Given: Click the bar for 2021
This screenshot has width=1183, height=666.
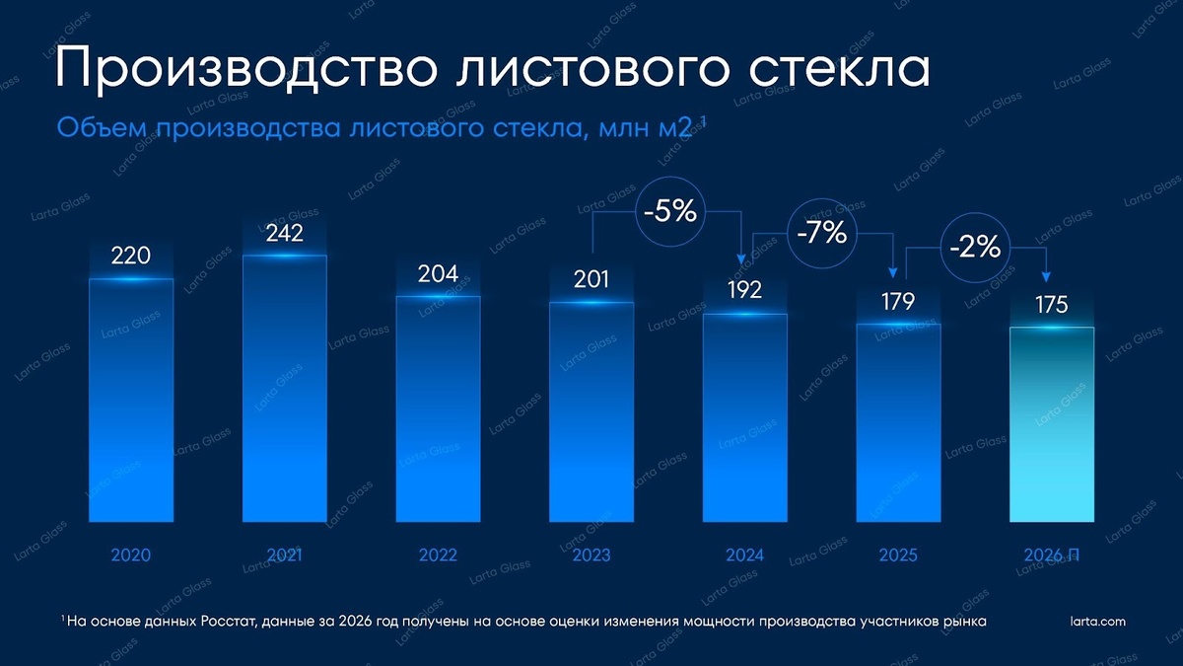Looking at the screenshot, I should click(284, 389).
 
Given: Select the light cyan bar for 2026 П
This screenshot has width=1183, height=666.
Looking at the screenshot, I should click(1052, 424).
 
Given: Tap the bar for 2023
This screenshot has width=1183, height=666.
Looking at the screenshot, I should click(591, 411).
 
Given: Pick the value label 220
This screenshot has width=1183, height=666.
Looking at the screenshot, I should click(131, 256).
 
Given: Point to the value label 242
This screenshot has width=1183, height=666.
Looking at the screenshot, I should click(284, 234).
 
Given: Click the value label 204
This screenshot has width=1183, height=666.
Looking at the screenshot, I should click(438, 274).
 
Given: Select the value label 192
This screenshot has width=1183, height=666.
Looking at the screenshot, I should click(744, 291).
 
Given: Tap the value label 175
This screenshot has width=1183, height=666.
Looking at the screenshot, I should click(1052, 305).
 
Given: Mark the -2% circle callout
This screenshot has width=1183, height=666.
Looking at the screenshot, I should click(975, 249).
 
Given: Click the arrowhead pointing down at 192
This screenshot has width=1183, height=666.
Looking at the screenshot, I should click(740, 260).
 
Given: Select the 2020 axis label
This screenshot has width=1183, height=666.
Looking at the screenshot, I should click(131, 555).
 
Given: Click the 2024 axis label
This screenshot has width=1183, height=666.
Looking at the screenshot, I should click(744, 555).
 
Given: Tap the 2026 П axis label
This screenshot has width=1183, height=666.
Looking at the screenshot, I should click(1052, 555).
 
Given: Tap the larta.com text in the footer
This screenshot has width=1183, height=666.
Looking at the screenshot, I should click(1097, 621).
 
